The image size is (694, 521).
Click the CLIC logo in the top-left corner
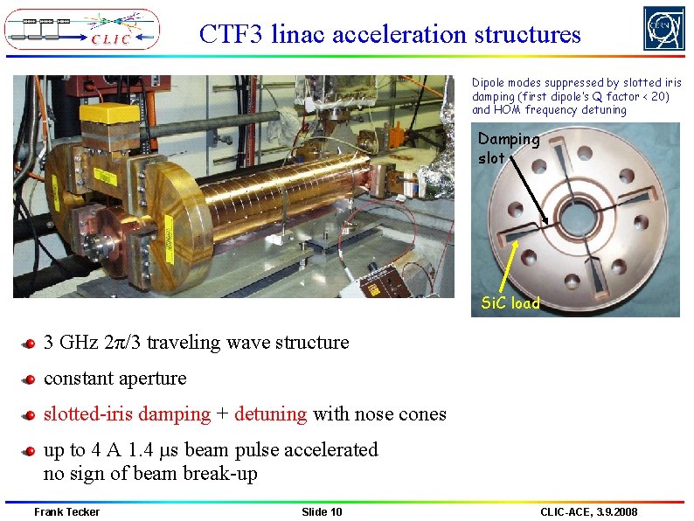82,29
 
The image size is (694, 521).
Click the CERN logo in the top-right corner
664,29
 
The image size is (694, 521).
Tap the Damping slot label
508,149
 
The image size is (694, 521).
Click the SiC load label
511,303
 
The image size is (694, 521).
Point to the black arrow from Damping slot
530,193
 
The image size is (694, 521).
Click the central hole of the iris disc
577,216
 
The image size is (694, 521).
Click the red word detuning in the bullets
270,414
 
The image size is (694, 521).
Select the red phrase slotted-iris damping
127,414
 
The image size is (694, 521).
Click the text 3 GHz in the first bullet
73,342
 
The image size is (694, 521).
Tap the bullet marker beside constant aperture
30,379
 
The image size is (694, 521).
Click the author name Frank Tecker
66,511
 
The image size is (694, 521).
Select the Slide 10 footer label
322,511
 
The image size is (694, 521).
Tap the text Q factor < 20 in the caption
629,96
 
